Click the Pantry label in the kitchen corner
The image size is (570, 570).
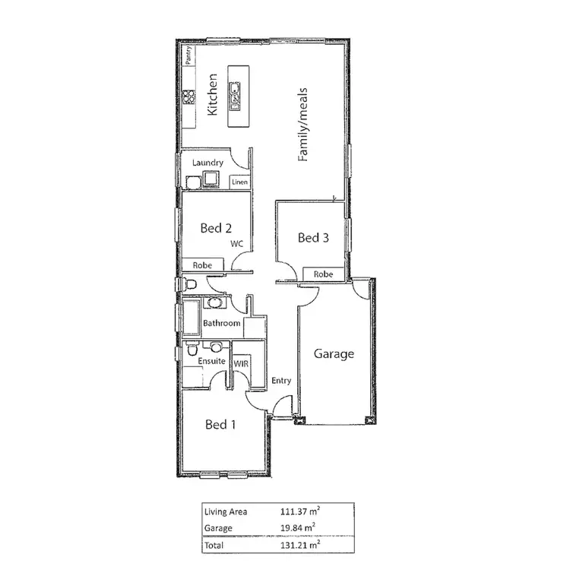(187, 57)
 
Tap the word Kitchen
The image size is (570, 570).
(213, 94)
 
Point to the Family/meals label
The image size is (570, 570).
(302, 125)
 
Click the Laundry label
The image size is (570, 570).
(207, 163)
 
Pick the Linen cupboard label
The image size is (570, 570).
(239, 182)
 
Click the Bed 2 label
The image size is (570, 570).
(216, 227)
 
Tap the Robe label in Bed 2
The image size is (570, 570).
(202, 265)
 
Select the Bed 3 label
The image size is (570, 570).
(313, 238)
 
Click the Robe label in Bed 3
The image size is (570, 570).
(323, 274)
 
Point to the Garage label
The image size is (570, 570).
(334, 353)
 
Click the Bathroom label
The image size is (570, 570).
(221, 324)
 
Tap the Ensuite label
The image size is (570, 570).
(211, 361)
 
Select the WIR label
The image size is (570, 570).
(242, 364)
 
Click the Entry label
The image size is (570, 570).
(280, 381)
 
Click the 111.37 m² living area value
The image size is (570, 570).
(298, 511)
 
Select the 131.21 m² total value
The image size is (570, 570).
(298, 545)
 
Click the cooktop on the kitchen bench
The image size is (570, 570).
(187, 96)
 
